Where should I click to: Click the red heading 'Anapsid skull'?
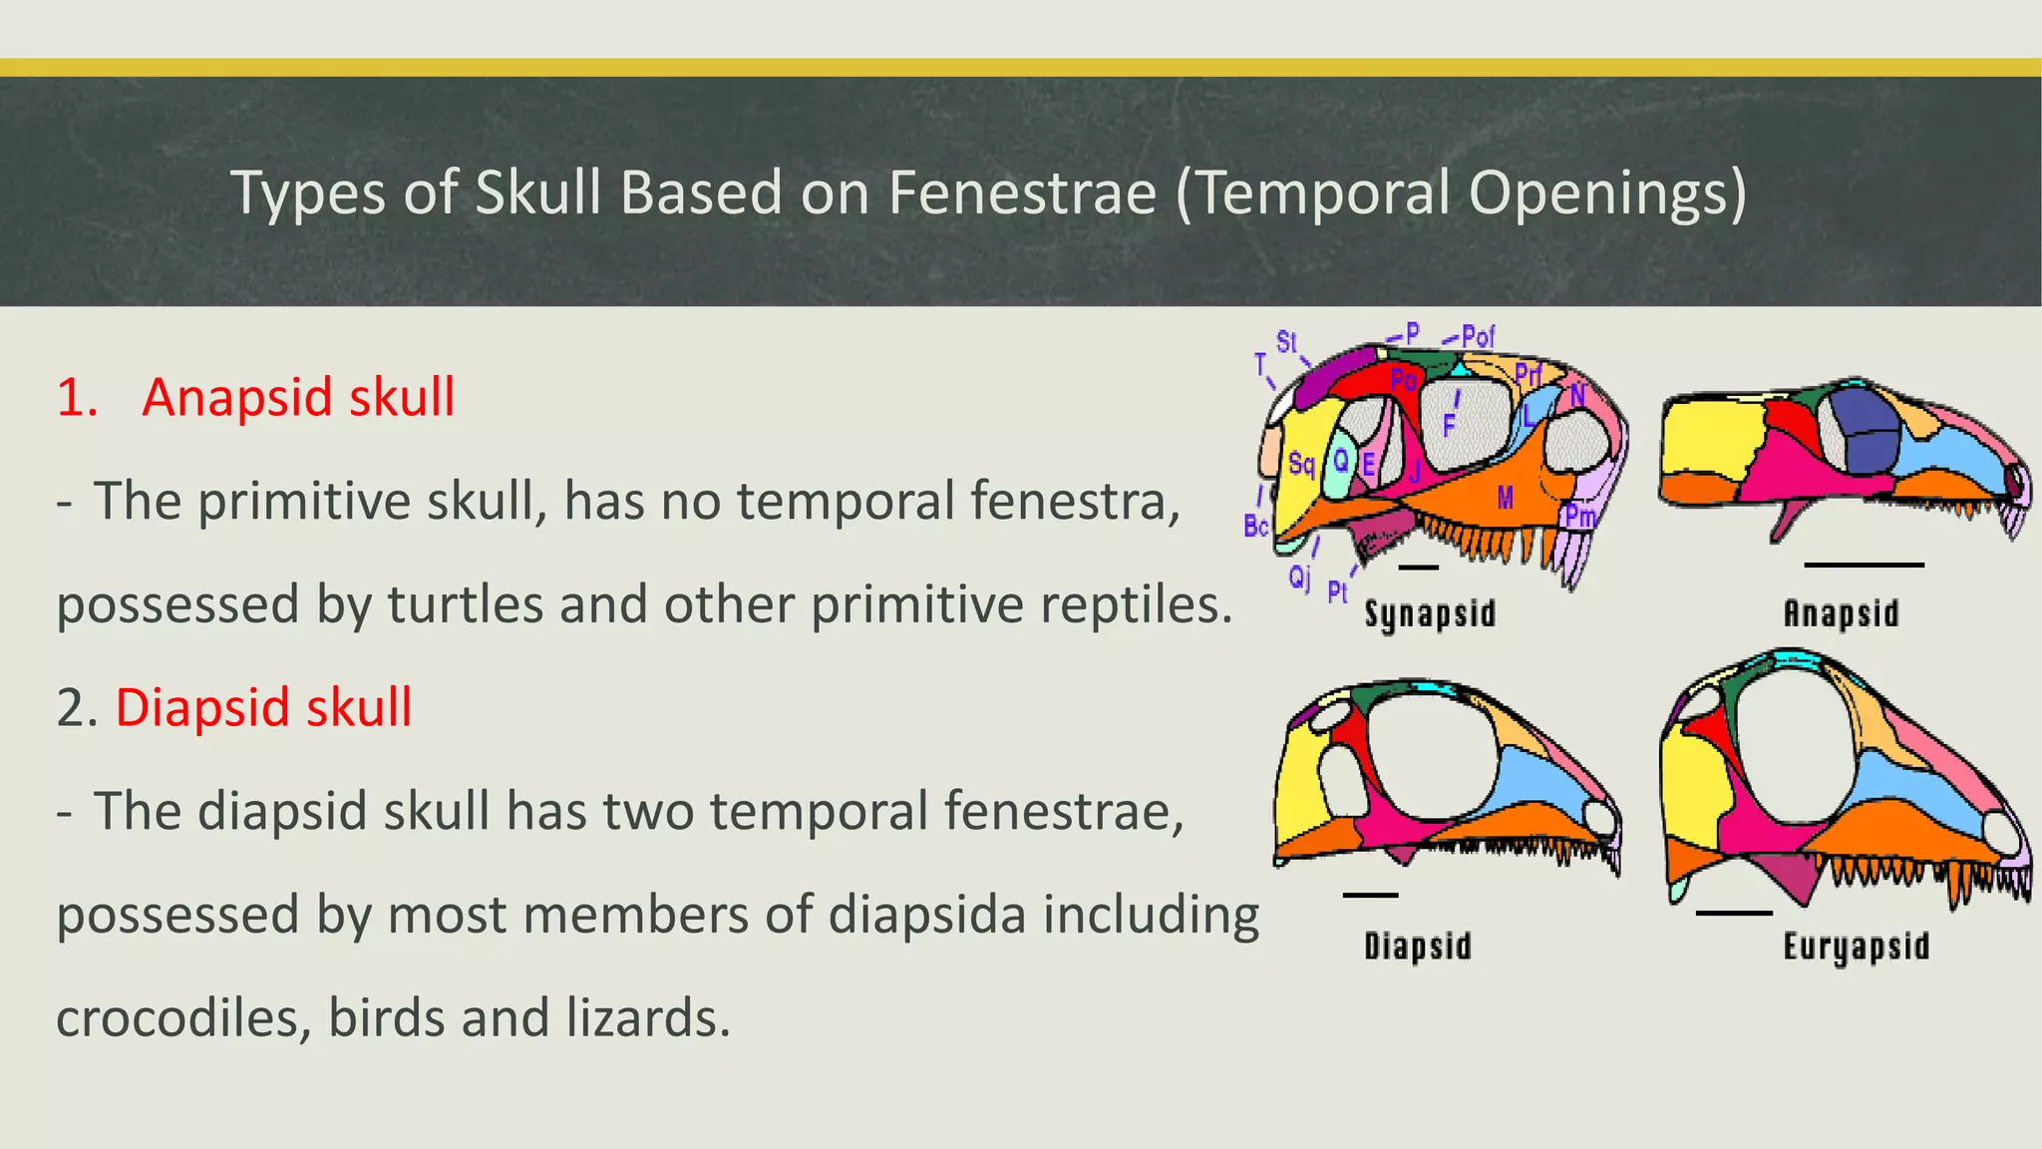tap(298, 397)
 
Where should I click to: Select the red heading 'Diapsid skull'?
tap(263, 707)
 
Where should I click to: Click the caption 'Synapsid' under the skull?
tap(1430, 613)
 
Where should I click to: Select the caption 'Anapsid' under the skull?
tap(1841, 613)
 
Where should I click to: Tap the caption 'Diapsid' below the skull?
tap(1417, 946)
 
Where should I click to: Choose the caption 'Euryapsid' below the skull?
tap(1856, 946)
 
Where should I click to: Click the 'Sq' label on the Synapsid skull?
tap(1301, 464)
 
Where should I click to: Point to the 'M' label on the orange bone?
tap(1506, 497)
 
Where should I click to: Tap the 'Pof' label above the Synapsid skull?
tap(1478, 337)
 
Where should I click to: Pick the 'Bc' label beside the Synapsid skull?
tap(1255, 525)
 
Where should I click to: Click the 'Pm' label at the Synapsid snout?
tap(1579, 516)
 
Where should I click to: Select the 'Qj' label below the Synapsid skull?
tap(1299, 576)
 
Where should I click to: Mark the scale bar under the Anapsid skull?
tap(1864, 566)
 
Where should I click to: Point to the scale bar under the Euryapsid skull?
tap(1734, 913)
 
